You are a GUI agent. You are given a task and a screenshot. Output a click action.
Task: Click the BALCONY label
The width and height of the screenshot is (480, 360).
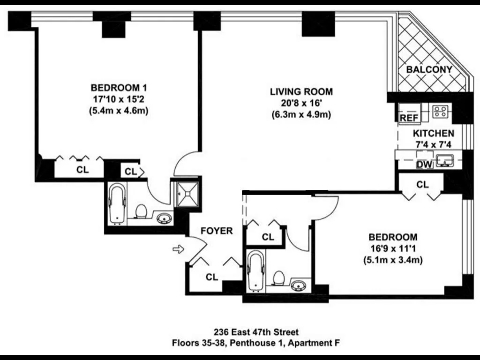429,70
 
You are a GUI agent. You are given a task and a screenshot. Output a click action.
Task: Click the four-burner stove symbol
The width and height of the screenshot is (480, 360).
440,111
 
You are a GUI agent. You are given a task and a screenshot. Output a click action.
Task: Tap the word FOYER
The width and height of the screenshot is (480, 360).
217,231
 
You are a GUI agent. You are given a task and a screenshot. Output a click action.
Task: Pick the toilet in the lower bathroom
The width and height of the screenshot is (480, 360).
278,279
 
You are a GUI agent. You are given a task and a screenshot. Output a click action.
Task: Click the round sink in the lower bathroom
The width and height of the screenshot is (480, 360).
298,285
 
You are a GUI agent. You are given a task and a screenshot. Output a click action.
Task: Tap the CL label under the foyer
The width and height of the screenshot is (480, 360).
212,277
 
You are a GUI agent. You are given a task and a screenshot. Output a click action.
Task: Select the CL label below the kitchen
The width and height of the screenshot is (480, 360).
422,185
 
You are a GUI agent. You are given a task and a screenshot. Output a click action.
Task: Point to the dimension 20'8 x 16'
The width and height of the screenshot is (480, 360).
301,103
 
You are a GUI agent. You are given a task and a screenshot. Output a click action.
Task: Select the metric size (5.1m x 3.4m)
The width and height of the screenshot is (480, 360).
392,259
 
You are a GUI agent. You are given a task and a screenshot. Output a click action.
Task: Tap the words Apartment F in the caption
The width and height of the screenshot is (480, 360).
314,343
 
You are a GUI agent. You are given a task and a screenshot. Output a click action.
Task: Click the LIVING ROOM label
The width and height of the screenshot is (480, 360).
301,91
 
